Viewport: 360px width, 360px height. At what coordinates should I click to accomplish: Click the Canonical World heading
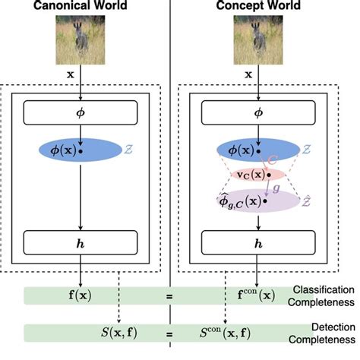78,7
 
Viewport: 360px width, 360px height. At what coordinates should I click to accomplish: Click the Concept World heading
259,7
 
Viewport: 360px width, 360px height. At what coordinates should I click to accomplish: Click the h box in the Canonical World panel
79,245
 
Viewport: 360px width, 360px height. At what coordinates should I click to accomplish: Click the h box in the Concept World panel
259,245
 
